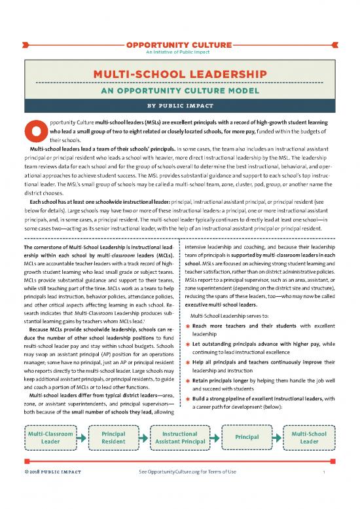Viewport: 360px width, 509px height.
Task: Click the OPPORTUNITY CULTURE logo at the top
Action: [x=180, y=45]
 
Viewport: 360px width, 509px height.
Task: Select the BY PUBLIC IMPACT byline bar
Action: [x=180, y=104]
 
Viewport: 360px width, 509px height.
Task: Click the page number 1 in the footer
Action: [x=333, y=490]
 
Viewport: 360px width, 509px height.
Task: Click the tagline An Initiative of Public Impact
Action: [x=180, y=52]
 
